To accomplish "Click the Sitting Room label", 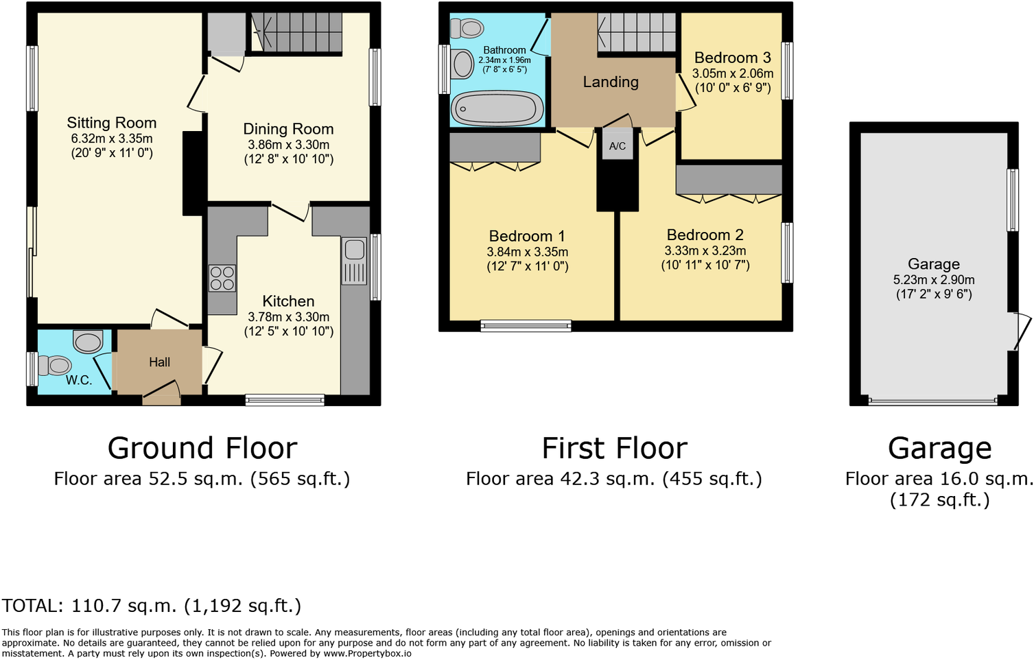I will [x=111, y=123].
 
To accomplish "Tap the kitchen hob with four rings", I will [x=222, y=278].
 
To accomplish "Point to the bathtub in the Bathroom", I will [x=497, y=109].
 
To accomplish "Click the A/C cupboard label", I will [x=618, y=146].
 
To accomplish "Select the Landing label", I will [x=611, y=82].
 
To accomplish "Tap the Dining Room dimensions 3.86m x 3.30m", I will [x=288, y=145].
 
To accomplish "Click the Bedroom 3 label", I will [x=732, y=58].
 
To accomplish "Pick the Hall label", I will [x=159, y=362].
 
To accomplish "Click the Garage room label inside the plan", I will [x=933, y=264].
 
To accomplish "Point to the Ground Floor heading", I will [x=202, y=449].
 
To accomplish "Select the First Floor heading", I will [x=614, y=449].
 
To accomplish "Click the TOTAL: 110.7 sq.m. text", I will [x=152, y=606].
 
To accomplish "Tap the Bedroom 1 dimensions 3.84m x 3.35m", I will [x=527, y=252].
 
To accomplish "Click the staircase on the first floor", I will [x=637, y=32].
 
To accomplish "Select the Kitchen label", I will [x=288, y=301].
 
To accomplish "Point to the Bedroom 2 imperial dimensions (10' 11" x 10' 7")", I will [x=705, y=265].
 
